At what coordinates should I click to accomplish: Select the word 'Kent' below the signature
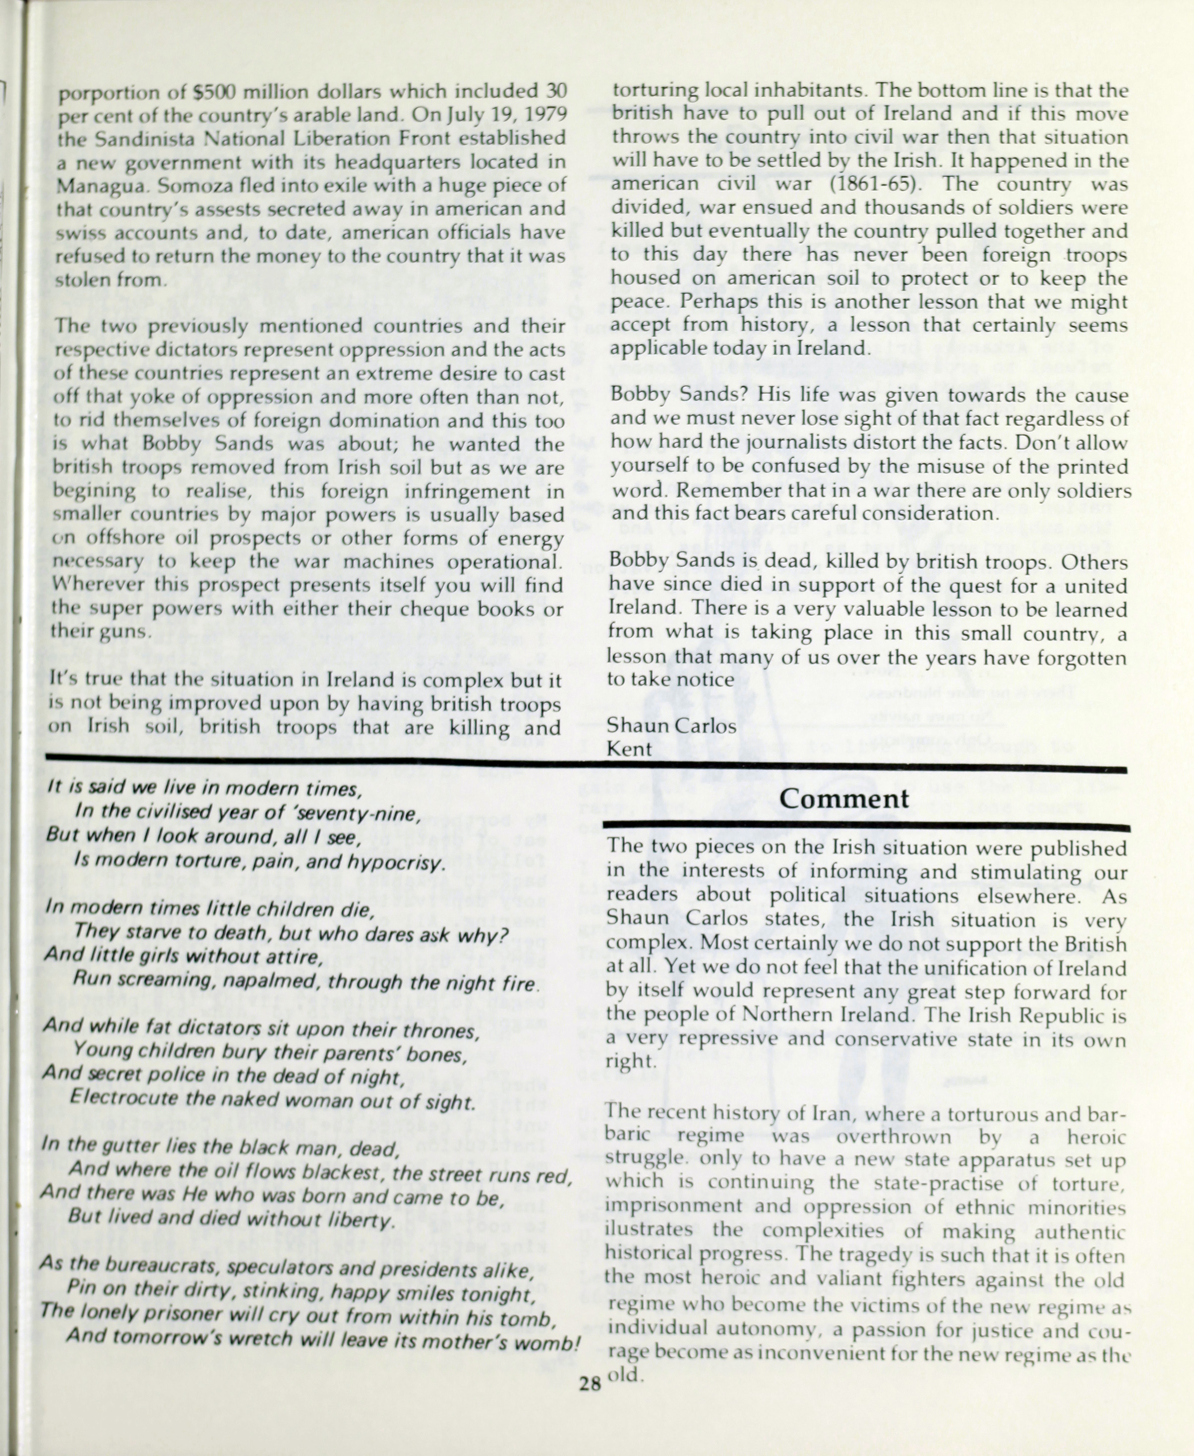click(629, 748)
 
